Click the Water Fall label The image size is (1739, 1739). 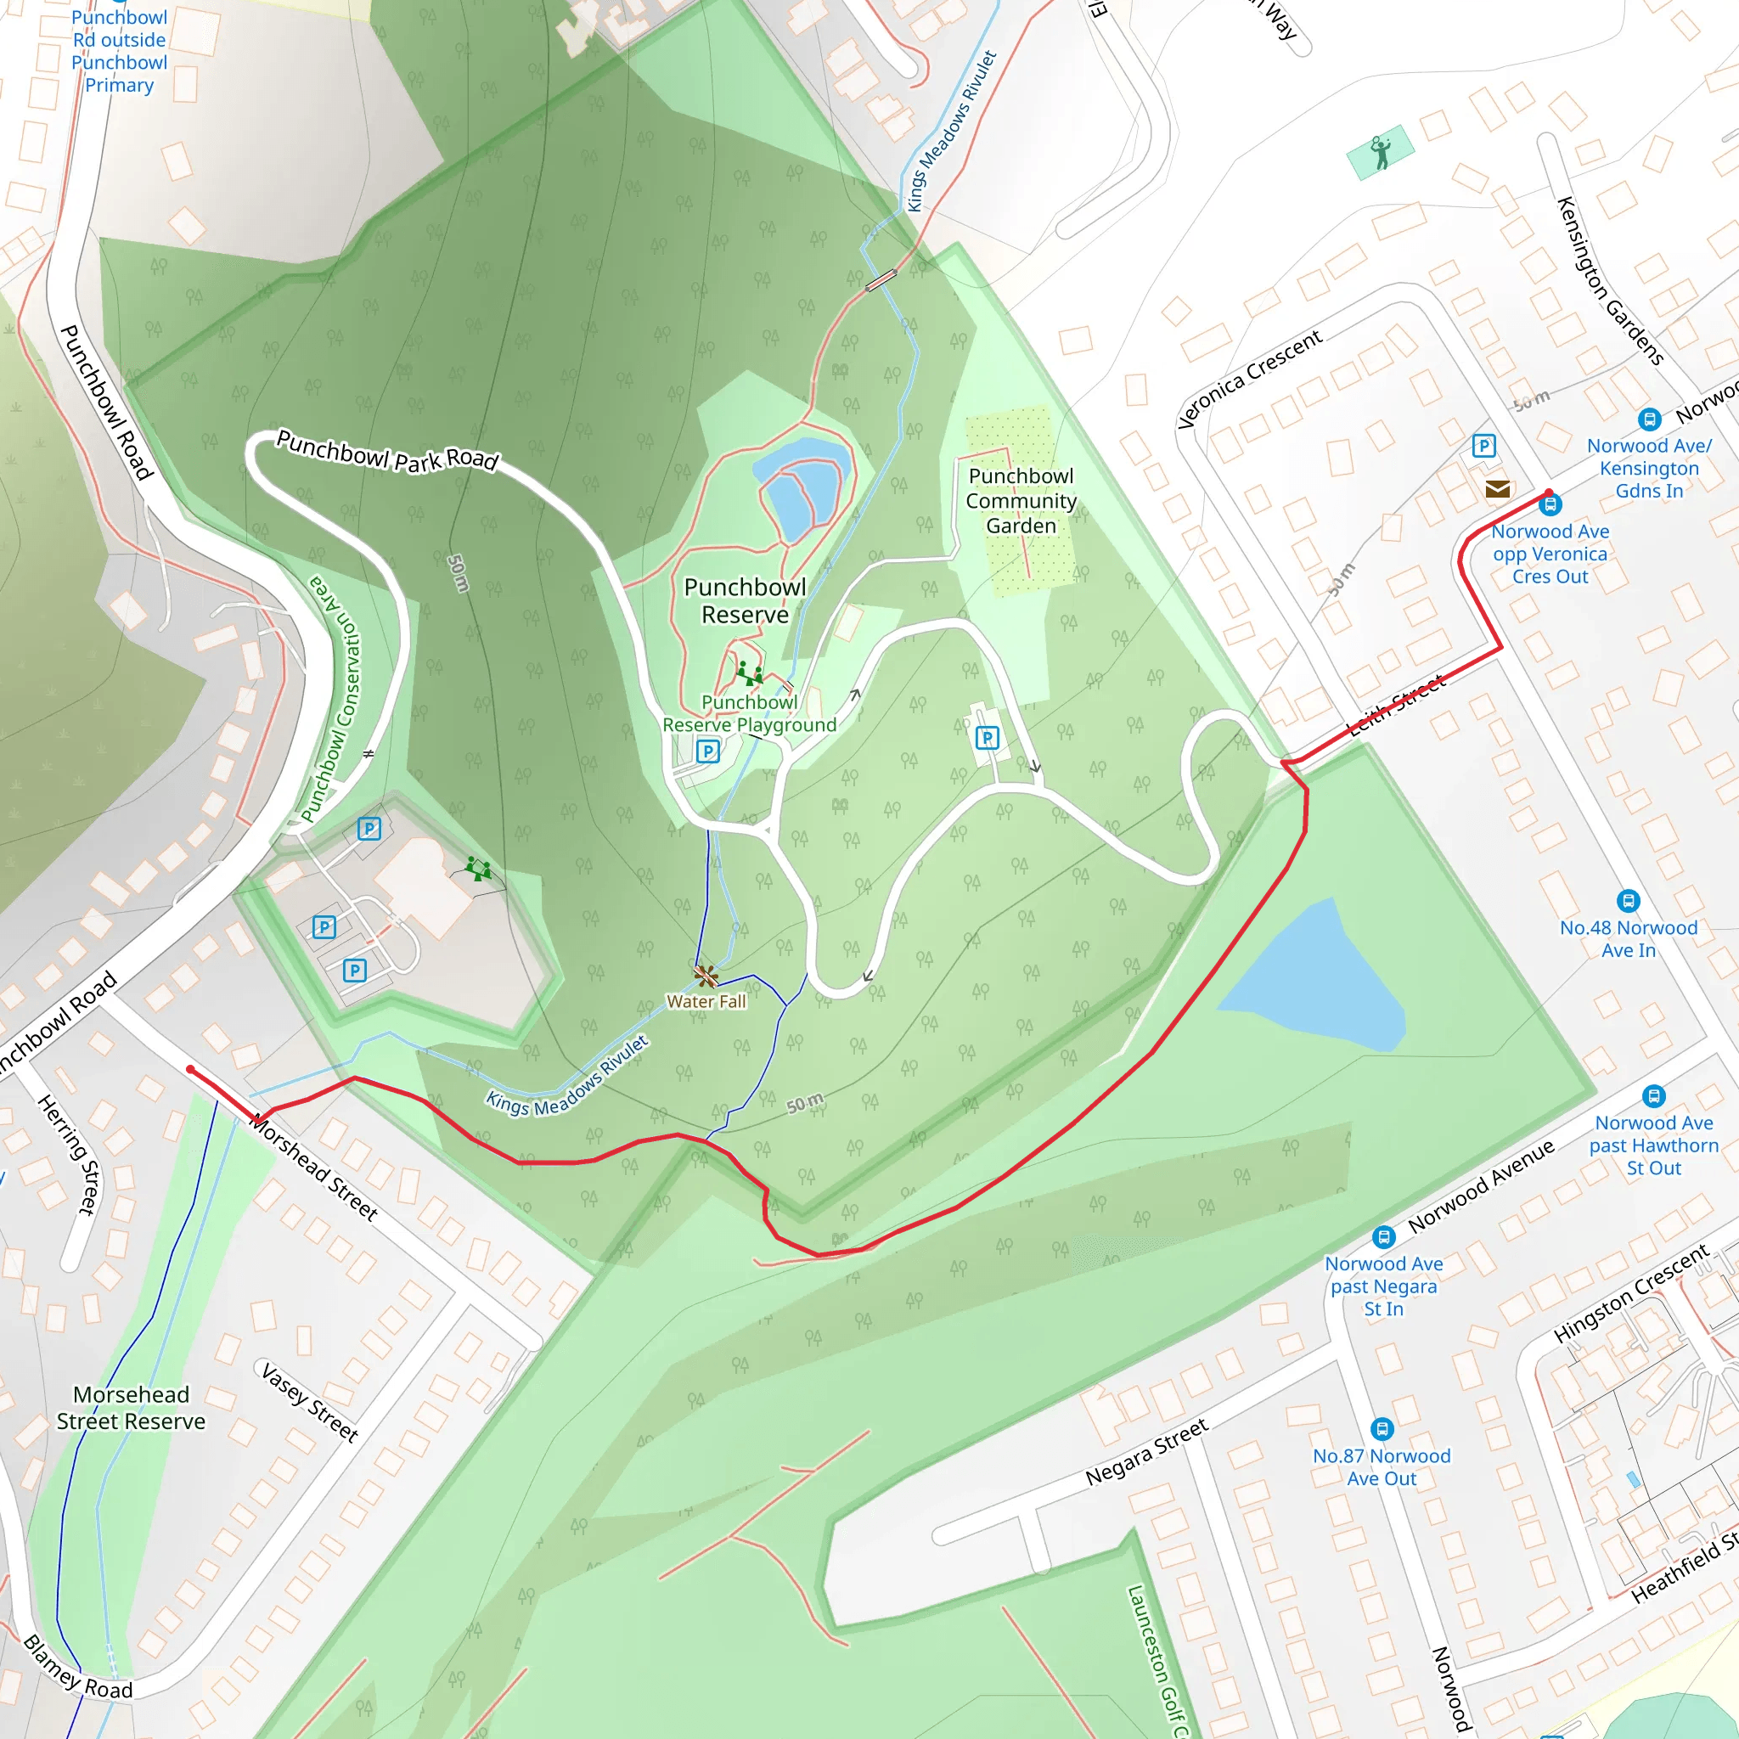[x=706, y=1001]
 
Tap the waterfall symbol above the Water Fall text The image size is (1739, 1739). [x=706, y=976]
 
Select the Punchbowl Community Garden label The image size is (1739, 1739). [x=1021, y=500]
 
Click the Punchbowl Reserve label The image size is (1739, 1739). [x=746, y=600]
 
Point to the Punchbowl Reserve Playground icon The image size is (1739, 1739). [x=749, y=673]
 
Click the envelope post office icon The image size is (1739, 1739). [x=1498, y=489]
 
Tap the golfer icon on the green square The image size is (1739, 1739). [x=1380, y=152]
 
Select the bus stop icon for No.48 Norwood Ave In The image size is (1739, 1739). [x=1629, y=900]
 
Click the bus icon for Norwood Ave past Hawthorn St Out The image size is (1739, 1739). [x=1653, y=1095]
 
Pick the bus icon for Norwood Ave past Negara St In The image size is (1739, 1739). [x=1383, y=1236]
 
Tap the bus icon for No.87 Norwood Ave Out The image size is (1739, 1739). [x=1382, y=1428]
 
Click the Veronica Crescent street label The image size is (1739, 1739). [x=1249, y=379]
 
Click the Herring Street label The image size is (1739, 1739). [x=68, y=1154]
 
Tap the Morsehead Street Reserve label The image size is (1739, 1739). [x=132, y=1408]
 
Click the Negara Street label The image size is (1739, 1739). [x=1145, y=1452]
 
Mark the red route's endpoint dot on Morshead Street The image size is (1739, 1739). [x=191, y=1069]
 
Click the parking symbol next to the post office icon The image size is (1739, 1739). [x=1483, y=446]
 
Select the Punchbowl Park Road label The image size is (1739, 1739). [x=387, y=450]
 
